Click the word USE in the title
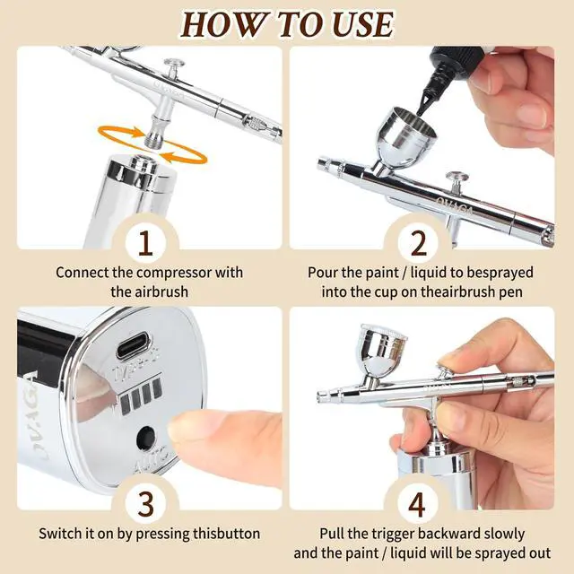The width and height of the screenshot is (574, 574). pyautogui.click(x=361, y=25)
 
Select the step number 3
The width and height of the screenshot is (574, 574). pyautogui.click(x=145, y=504)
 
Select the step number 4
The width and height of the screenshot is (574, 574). pyautogui.click(x=417, y=504)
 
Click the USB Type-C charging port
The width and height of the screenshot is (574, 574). pyautogui.click(x=134, y=345)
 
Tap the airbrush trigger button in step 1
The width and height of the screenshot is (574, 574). pyautogui.click(x=173, y=66)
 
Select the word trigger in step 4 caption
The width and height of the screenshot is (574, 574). pyautogui.click(x=393, y=535)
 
